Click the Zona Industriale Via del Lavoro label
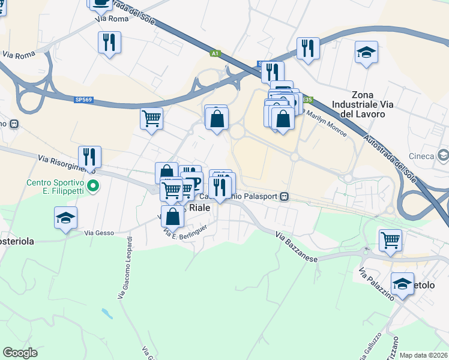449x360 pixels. coord(372,104)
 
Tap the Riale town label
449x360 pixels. coord(200,208)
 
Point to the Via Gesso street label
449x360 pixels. coord(98,233)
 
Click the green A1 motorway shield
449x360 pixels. coord(215,53)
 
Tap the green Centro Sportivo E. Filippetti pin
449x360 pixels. coord(92,186)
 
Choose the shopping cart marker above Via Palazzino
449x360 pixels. coord(391,240)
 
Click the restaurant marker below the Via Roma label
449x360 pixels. coord(109,42)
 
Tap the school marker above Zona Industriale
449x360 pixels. coord(366,52)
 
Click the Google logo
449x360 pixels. coord(20,353)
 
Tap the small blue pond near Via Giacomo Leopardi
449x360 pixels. coord(106,313)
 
